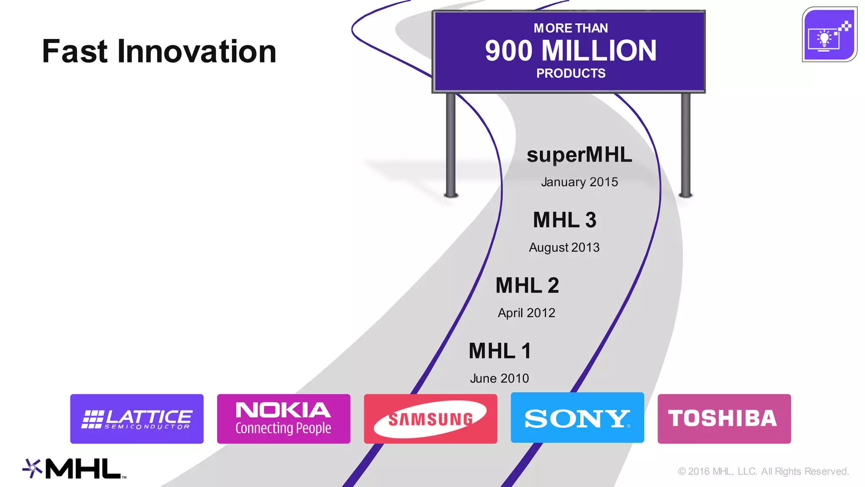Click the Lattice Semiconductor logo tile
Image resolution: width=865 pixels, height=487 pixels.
click(x=136, y=419)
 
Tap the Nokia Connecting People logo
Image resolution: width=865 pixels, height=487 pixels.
click(x=283, y=419)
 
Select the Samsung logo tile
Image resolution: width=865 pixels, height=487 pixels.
click(x=430, y=419)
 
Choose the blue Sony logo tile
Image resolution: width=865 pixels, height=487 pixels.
click(x=577, y=418)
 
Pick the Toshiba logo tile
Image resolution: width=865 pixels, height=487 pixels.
click(x=724, y=419)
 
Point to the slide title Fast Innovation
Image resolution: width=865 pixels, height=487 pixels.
click(x=159, y=52)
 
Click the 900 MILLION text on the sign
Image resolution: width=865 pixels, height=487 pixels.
click(x=571, y=51)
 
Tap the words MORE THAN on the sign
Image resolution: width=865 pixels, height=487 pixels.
click(x=571, y=28)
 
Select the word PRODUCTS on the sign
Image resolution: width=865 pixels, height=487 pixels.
click(x=571, y=73)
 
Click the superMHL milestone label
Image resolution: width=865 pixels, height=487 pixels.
click(x=579, y=155)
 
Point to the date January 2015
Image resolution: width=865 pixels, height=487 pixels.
click(x=579, y=182)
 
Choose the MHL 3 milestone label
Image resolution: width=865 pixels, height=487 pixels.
click(x=565, y=220)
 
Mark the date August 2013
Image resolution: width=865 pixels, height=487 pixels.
click(x=564, y=247)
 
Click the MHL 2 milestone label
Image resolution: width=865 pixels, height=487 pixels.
click(x=527, y=285)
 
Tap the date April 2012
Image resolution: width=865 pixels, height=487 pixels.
click(x=526, y=313)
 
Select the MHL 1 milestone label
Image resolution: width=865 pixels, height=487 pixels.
click(x=500, y=351)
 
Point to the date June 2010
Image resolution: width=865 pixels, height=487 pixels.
click(x=499, y=378)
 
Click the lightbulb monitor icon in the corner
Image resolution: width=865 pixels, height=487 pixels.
click(x=829, y=35)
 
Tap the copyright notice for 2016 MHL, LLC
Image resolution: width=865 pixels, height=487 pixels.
click(x=763, y=471)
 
